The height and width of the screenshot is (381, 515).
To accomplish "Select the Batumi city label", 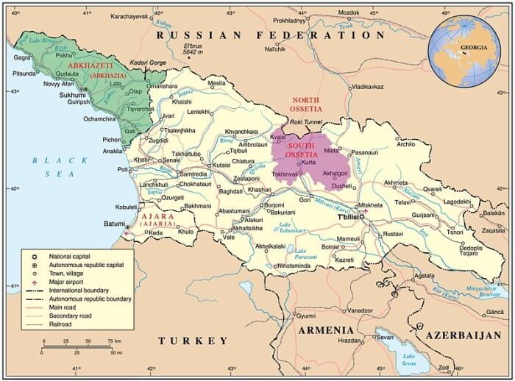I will [x=113, y=223].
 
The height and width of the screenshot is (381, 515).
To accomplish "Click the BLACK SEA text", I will [x=54, y=166].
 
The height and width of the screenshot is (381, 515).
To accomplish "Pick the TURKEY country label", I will [x=193, y=341].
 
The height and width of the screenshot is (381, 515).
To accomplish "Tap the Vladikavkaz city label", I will [x=367, y=87].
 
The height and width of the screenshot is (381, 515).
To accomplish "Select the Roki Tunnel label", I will [x=305, y=122].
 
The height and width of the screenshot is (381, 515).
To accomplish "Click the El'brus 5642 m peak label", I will [x=193, y=49].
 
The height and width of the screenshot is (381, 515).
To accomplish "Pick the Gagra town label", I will [x=21, y=57].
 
